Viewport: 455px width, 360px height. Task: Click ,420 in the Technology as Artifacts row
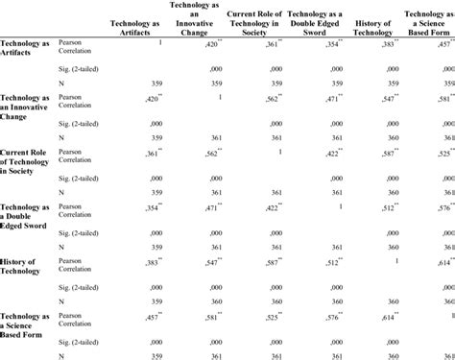pos(207,43)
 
